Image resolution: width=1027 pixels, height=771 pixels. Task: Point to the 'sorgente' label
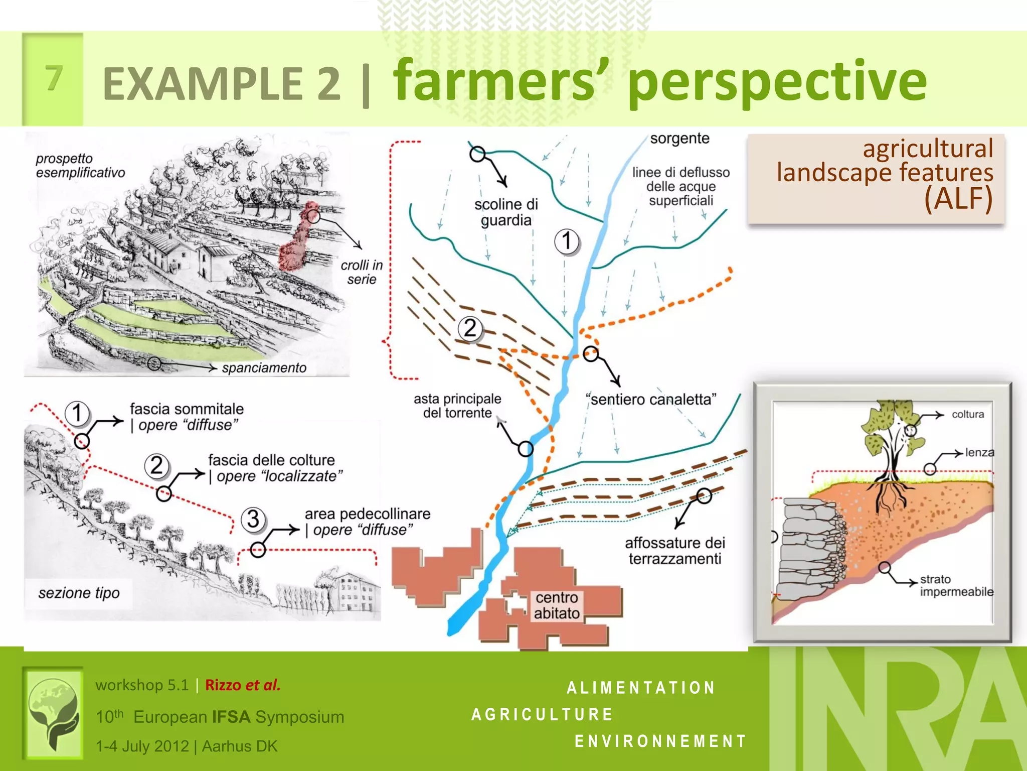point(679,139)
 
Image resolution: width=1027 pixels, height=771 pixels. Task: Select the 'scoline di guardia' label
point(505,212)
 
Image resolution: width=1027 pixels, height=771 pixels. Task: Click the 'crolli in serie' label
point(362,272)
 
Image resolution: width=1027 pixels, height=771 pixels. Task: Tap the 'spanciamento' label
point(264,368)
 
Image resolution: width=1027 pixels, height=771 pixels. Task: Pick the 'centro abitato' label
point(557,605)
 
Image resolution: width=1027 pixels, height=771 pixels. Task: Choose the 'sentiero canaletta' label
point(651,400)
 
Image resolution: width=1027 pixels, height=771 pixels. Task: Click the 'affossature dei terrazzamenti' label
point(675,551)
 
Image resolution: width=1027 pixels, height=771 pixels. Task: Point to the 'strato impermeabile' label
point(956,586)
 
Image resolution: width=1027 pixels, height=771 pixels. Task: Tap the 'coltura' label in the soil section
point(967,415)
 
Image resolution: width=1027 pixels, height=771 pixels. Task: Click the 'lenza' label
point(979,452)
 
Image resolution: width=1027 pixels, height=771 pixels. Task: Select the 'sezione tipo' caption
point(79,593)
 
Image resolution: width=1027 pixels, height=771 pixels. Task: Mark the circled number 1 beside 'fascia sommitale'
point(77,413)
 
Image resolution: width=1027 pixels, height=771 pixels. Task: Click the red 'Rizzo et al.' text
point(243,685)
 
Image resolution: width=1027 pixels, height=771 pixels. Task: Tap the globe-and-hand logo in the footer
point(53,712)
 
